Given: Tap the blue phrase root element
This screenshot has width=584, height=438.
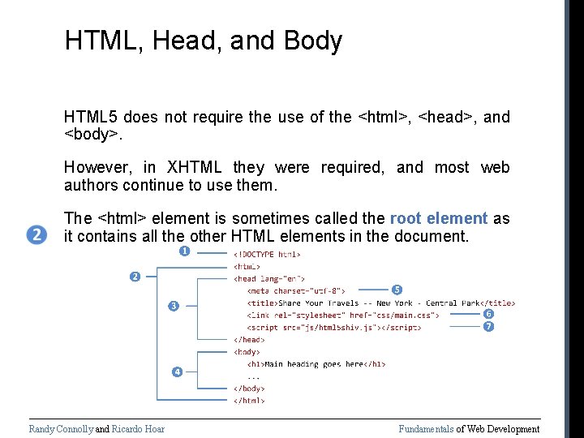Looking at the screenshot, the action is point(438,218).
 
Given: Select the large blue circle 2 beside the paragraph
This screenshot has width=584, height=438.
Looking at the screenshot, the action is point(37,235).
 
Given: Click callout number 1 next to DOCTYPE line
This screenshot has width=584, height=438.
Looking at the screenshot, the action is point(184,251).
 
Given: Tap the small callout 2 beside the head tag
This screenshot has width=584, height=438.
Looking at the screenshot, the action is point(135,277).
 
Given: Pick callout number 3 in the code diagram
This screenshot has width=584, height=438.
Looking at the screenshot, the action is point(172,306).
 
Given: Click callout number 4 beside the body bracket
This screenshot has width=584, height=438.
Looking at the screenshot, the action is point(176,371).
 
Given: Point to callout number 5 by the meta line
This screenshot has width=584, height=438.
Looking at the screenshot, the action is point(397,290).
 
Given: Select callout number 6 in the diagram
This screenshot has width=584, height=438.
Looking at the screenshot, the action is point(488,314).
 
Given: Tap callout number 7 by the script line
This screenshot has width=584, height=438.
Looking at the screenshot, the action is point(488,326).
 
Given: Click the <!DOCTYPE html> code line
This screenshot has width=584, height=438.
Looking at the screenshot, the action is point(265,254).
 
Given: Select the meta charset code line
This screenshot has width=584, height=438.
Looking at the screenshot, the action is point(297,290).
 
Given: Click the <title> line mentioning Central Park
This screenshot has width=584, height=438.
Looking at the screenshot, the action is point(381,303).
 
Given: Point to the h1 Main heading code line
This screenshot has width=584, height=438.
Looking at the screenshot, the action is point(316,364).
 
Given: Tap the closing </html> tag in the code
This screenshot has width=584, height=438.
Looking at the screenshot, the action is point(249,400).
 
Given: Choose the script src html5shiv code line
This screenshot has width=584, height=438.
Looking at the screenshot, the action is point(334,327).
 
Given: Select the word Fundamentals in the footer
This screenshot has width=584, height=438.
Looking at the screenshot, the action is point(426,429).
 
